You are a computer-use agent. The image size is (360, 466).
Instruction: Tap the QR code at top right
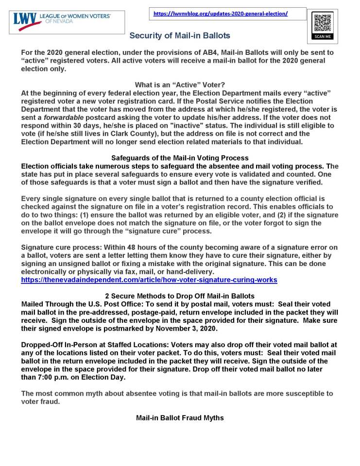click(x=322, y=23)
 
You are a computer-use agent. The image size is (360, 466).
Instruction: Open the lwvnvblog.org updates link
click(x=221, y=14)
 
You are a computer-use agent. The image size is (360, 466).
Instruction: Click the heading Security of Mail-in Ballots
click(x=180, y=36)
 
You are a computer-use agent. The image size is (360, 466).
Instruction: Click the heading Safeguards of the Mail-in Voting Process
click(x=180, y=158)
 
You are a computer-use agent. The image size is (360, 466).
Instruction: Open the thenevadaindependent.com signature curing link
click(x=149, y=280)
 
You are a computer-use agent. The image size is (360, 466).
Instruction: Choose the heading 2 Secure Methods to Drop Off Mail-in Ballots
click(x=180, y=296)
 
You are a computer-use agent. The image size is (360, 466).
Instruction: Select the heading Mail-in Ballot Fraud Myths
click(x=180, y=417)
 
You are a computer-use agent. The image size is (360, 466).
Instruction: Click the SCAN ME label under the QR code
click(x=322, y=37)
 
